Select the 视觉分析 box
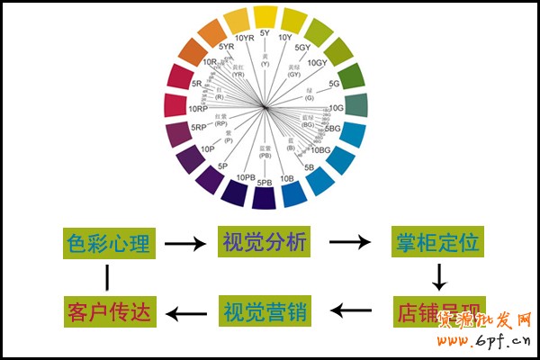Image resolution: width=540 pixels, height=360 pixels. [264, 242]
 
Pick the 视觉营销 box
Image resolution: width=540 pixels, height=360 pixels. [264, 312]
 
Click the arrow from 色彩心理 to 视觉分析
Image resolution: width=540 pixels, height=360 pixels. [185, 243]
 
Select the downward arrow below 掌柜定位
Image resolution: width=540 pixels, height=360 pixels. [438, 277]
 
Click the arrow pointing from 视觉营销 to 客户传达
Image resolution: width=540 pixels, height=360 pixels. [185, 313]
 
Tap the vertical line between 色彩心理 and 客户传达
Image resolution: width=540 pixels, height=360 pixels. [107, 278]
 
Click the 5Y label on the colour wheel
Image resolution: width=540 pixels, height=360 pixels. [265, 33]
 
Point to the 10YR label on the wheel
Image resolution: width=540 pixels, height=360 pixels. [244, 38]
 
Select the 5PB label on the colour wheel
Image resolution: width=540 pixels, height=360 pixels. [265, 183]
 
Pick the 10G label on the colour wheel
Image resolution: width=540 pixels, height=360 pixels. [337, 108]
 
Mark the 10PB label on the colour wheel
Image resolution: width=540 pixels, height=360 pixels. [245, 178]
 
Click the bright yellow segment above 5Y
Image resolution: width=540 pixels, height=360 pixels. [265, 16]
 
